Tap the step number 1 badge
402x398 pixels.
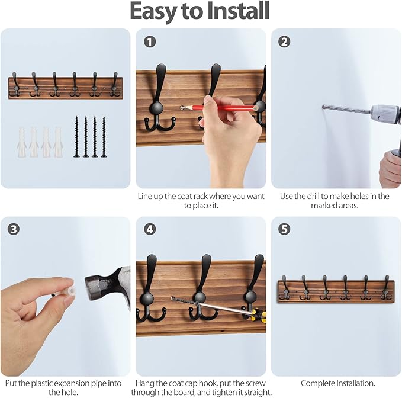150,41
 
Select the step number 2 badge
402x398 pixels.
285,41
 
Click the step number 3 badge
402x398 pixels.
14,229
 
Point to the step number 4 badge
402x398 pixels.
150,229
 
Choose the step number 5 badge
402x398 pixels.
285,229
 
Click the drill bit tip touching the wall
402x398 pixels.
324,107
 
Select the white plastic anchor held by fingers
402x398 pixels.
67,291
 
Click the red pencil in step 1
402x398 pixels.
219,108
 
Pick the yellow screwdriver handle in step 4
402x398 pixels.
261,314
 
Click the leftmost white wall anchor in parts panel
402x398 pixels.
22,142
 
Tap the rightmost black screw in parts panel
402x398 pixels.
104,137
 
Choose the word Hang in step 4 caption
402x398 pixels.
146,383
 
